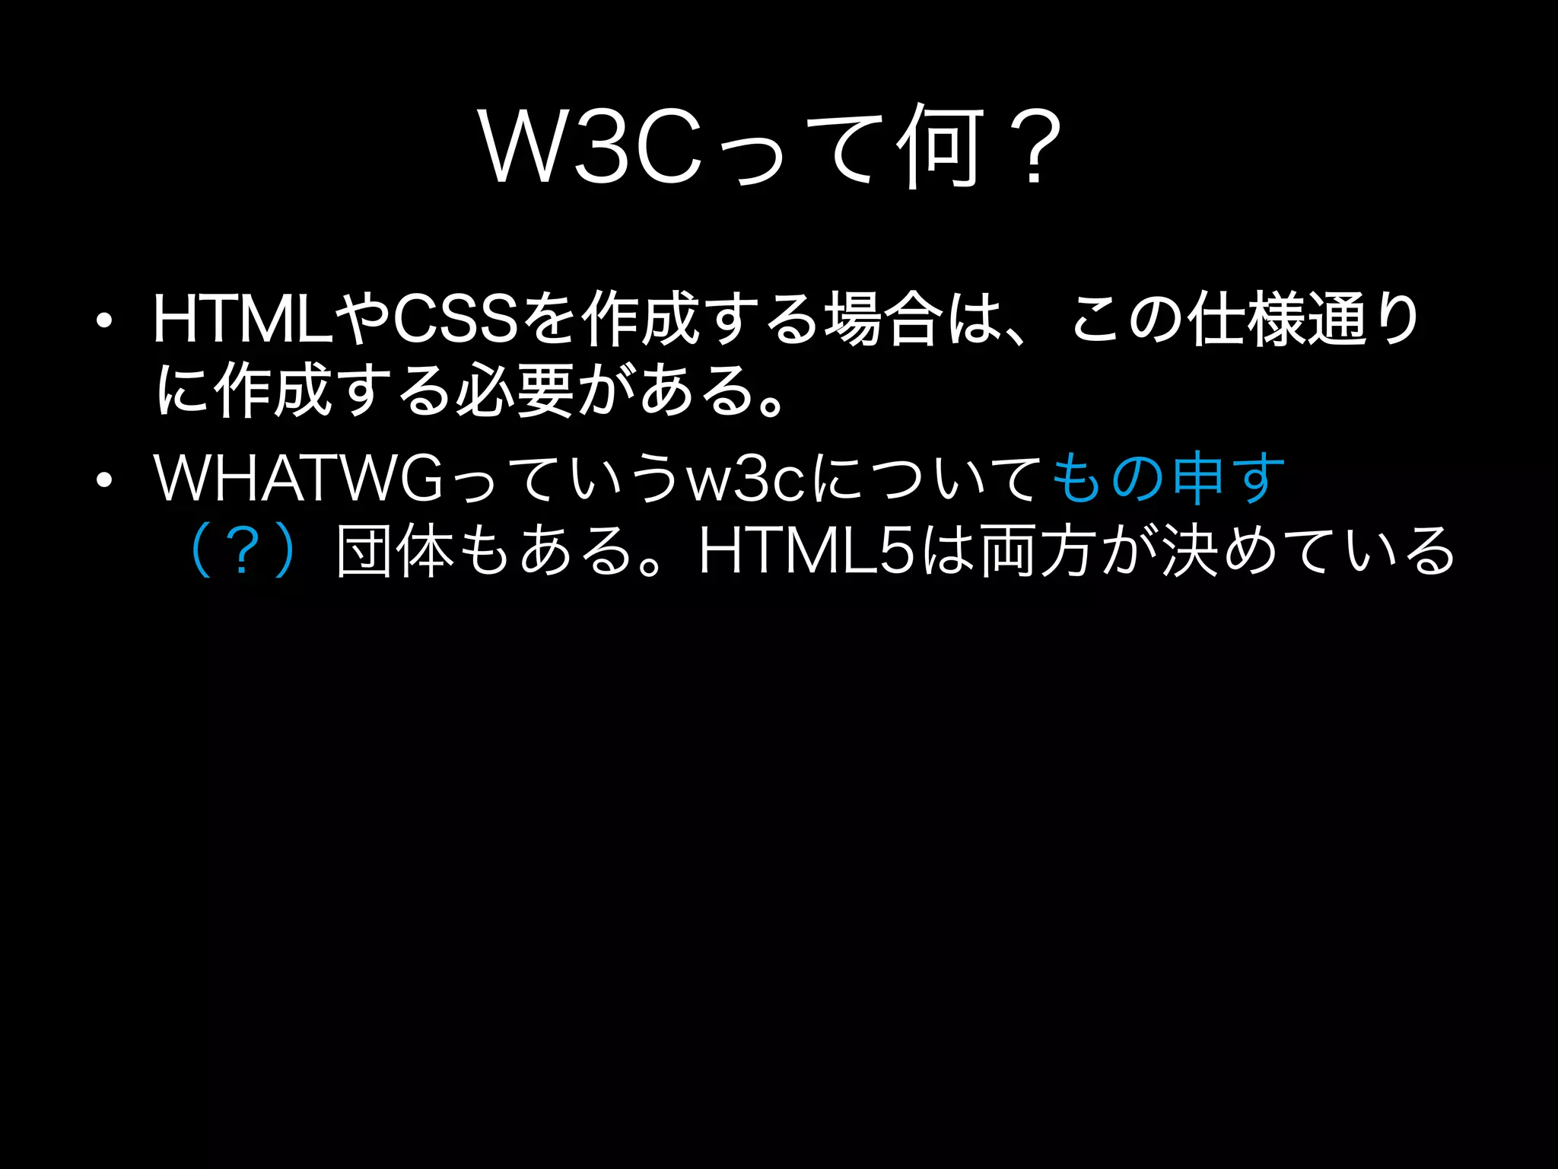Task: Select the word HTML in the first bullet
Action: pyautogui.click(x=243, y=320)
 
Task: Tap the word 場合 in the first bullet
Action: pyautogui.click(x=882, y=320)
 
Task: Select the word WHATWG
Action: pyautogui.click(x=297, y=478)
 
